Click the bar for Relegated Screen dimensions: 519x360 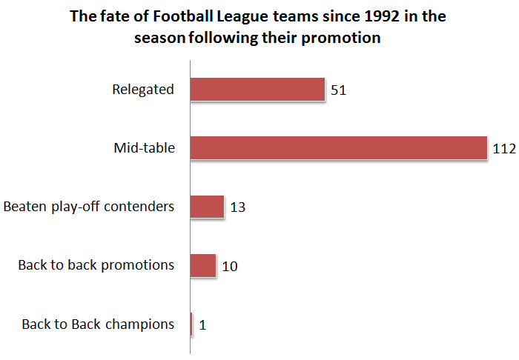pyautogui.click(x=257, y=89)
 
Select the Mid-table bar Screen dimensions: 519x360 pyautogui.click(x=339, y=147)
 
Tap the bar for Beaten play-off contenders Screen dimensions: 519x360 pyautogui.click(x=207, y=207)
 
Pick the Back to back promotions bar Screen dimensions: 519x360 pyautogui.click(x=203, y=265)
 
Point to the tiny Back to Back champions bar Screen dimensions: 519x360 pyautogui.click(x=191, y=324)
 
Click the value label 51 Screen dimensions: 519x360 pyautogui.click(x=338, y=90)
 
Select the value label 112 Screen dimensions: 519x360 pyautogui.click(x=504, y=149)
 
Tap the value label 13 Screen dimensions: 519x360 pyautogui.click(x=238, y=207)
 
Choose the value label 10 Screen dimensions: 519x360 pyautogui.click(x=230, y=267)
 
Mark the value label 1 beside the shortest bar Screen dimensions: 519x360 pyautogui.click(x=202, y=325)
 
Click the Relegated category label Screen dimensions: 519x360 pyautogui.click(x=143, y=90)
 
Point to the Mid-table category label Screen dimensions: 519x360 pyautogui.click(x=145, y=147)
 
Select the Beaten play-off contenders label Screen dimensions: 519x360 pyautogui.click(x=89, y=207)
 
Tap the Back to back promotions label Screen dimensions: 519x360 pyautogui.click(x=96, y=265)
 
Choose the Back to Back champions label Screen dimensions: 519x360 pyautogui.click(x=98, y=324)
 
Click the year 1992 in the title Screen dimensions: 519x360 pyautogui.click(x=382, y=16)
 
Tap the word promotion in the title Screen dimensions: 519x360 pyautogui.click(x=341, y=38)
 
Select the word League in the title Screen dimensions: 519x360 pyautogui.click(x=242, y=17)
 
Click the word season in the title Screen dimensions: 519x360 pyautogui.click(x=159, y=38)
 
